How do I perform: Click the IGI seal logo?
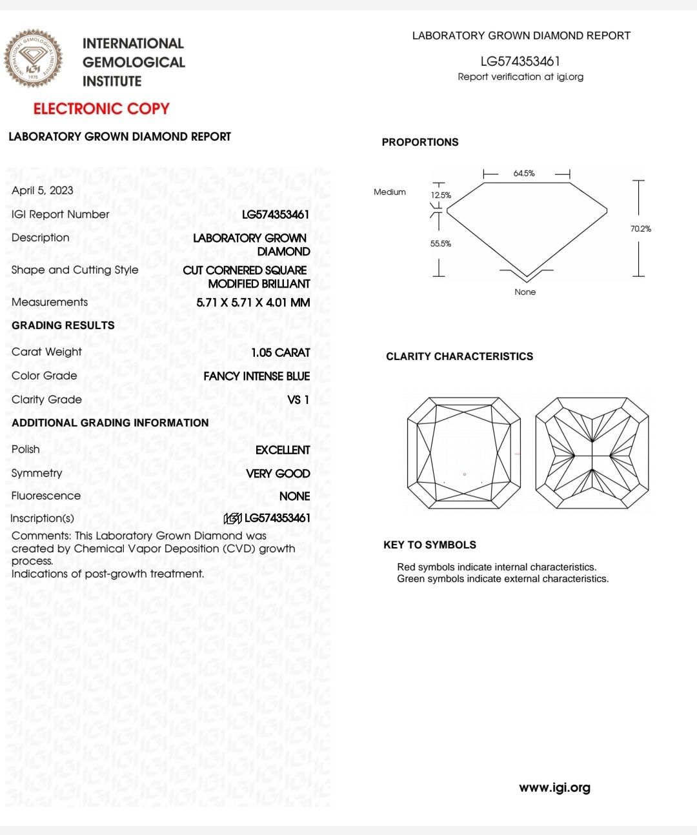click(34, 59)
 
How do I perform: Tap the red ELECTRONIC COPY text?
click(101, 108)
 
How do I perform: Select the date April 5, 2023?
click(43, 190)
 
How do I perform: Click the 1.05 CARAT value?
click(281, 352)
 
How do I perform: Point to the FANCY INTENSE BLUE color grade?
click(257, 376)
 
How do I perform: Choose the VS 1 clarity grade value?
click(298, 400)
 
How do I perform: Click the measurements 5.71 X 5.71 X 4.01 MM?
click(253, 303)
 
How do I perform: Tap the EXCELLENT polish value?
click(283, 450)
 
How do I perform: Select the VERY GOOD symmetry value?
click(278, 474)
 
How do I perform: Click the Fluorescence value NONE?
click(294, 496)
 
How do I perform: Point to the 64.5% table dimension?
click(524, 174)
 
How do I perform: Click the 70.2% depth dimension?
click(641, 229)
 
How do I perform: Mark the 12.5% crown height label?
click(441, 196)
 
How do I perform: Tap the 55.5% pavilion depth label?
click(441, 244)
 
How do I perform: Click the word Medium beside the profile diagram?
click(390, 192)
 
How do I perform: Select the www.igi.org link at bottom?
click(554, 787)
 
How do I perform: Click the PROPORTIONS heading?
click(420, 142)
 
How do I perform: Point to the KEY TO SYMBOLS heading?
click(430, 545)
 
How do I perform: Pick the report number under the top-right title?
click(520, 61)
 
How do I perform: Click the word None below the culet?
click(525, 292)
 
